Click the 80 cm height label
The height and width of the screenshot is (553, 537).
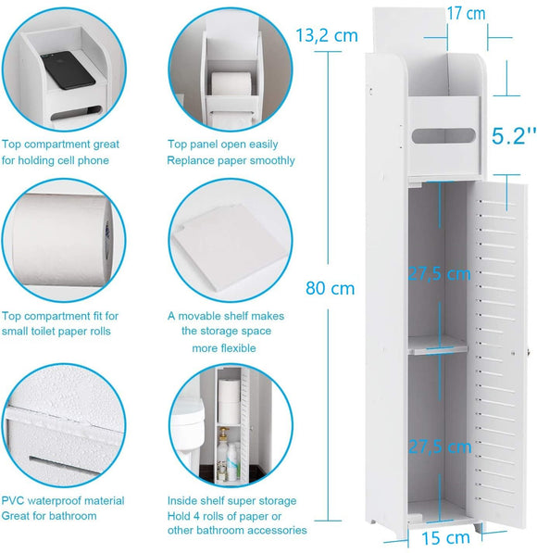[330, 288]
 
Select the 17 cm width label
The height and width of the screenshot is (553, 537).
[465, 14]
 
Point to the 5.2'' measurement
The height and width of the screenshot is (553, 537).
[513, 136]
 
